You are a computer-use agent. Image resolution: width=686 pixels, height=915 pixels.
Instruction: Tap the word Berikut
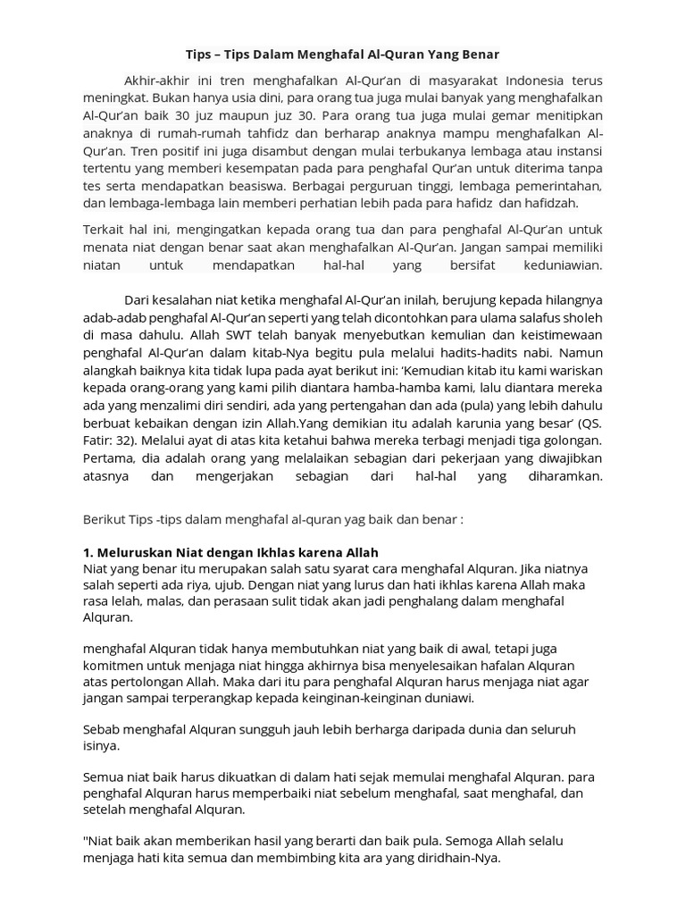coord(105,518)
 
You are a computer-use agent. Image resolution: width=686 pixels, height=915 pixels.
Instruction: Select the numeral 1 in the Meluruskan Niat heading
coord(87,552)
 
